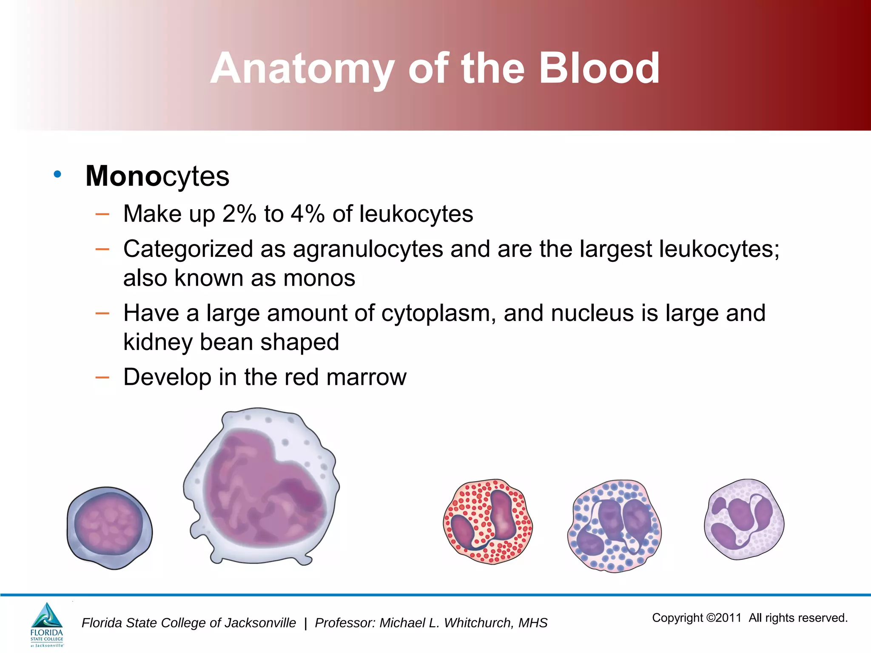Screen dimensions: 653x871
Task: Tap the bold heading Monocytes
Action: [157, 176]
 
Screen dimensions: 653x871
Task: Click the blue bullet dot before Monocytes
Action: [57, 174]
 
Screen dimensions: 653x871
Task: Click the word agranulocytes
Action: [368, 249]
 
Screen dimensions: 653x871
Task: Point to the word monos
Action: [319, 278]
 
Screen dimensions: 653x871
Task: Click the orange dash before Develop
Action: [102, 377]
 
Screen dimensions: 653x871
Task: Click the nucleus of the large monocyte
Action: [264, 493]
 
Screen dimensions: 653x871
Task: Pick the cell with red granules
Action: [488, 522]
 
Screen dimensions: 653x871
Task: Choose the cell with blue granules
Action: [614, 526]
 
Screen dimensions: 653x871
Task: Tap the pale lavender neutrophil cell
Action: [744, 519]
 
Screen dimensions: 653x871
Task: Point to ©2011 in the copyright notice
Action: [723, 618]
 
